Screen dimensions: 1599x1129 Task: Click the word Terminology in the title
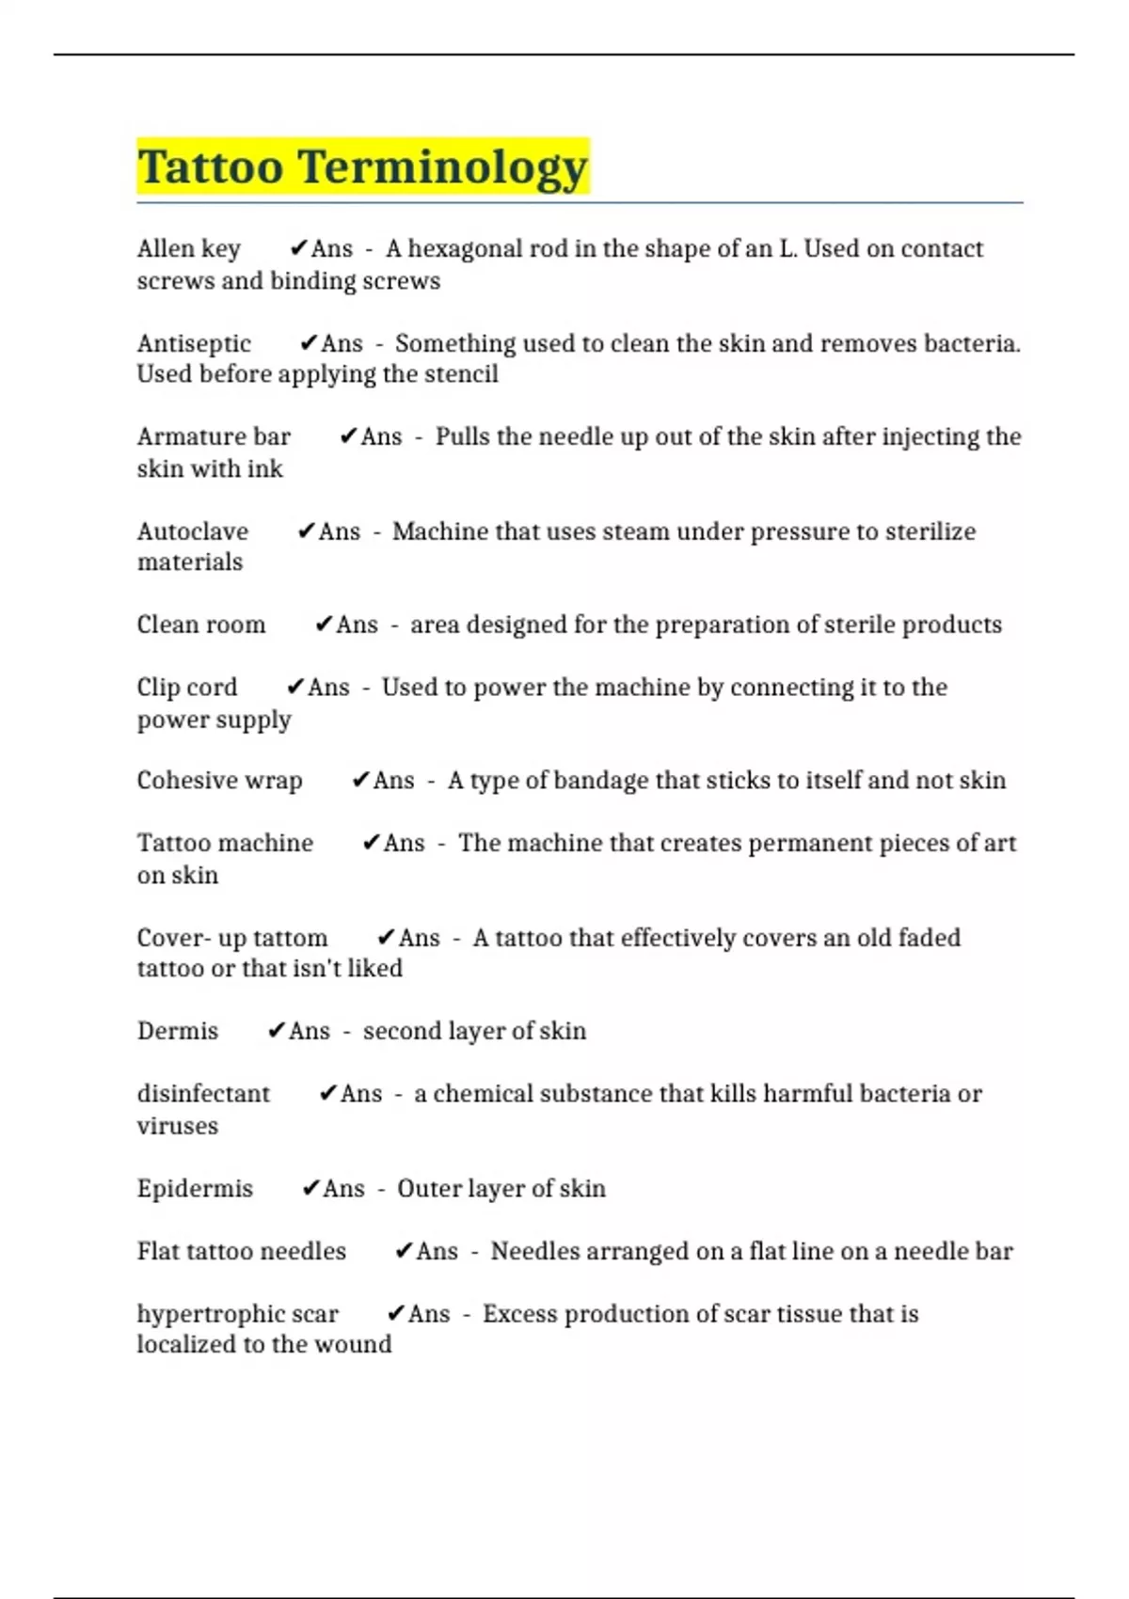[443, 167]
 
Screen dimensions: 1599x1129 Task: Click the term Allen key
[188, 249]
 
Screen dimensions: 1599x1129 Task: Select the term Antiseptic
[194, 343]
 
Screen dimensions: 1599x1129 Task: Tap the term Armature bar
[214, 437]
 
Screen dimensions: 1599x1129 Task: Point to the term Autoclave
[193, 531]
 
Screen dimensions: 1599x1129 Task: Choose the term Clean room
[201, 625]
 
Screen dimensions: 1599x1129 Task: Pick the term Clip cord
[187, 688]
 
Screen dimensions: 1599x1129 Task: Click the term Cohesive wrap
[219, 781]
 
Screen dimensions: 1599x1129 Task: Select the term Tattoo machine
[225, 843]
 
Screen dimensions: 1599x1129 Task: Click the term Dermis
[178, 1031]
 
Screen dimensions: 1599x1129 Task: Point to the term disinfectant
[203, 1094]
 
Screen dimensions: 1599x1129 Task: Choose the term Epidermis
[195, 1189]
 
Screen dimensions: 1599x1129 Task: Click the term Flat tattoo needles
[242, 1251]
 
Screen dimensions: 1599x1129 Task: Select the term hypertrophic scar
[237, 1314]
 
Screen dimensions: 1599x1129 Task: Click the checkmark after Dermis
[276, 1031]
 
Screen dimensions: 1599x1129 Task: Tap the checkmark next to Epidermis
[310, 1189]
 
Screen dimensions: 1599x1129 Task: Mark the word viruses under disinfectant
[177, 1126]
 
